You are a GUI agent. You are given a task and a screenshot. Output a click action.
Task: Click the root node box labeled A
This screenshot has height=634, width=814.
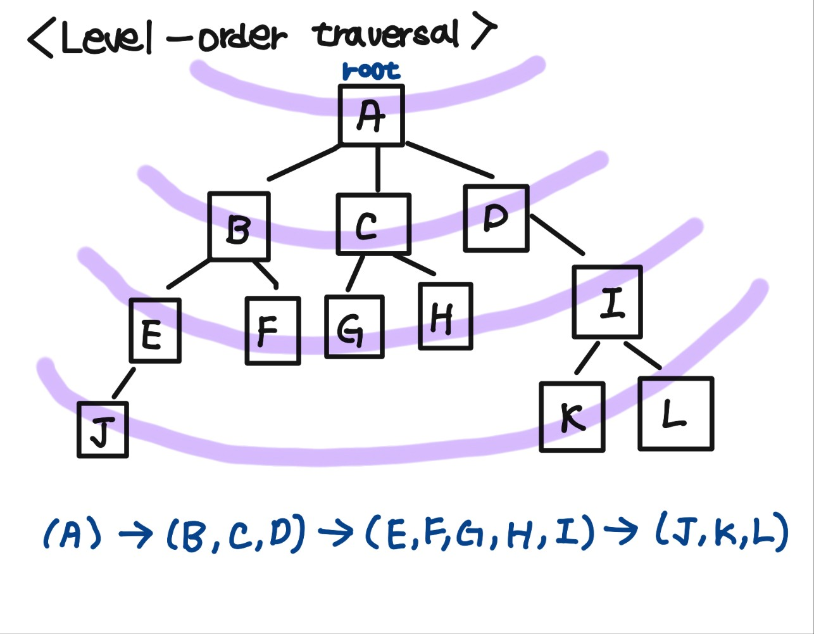372,115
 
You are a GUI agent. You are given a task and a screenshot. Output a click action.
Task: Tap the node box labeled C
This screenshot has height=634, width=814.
373,224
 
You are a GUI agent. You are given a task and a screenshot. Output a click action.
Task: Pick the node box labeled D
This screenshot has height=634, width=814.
496,218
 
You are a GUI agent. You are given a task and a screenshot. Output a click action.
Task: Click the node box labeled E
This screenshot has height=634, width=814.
155,331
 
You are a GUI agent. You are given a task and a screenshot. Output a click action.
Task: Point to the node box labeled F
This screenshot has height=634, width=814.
273,331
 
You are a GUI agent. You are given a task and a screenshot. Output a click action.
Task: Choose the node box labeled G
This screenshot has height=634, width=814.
354,327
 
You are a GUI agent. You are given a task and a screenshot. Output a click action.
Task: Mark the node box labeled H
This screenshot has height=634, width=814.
446,316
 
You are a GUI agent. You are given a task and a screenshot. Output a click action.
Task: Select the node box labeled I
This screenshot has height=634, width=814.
608,301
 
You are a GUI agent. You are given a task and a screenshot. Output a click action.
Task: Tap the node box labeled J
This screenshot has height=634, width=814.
103,429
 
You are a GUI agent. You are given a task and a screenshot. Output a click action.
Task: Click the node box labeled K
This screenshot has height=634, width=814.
572,417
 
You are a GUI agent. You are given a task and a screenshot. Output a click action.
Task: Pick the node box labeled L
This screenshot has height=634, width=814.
676,414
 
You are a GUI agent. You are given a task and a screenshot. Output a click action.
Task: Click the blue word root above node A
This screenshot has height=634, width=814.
371,71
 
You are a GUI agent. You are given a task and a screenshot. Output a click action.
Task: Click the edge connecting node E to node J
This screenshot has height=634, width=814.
123,384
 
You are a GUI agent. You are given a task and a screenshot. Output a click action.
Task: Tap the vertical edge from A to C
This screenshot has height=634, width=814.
378,169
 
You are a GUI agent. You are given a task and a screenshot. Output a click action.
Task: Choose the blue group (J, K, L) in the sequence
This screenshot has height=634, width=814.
722,533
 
